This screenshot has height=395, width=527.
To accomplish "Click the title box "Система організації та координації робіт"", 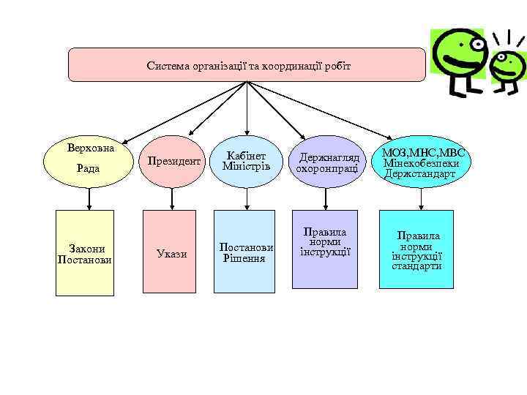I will (247, 65).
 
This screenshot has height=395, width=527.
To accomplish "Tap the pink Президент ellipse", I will (173, 161).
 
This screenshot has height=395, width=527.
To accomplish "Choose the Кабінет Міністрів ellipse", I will (246, 161).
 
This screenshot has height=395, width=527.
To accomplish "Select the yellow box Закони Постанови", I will (86, 252).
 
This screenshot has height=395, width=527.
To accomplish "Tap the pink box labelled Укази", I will (171, 252).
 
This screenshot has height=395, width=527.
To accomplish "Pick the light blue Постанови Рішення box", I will (245, 252).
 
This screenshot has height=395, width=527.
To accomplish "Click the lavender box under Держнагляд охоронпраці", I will (325, 249).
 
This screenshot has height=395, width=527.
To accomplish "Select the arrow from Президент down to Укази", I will (171, 199).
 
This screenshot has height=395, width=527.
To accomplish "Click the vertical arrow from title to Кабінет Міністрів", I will (247, 110).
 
